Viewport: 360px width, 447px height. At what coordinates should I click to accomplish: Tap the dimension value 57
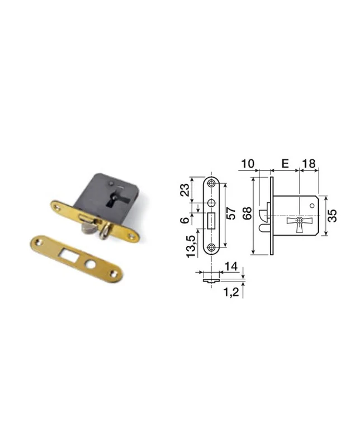(x=231, y=213)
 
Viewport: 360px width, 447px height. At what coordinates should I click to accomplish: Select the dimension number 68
(x=247, y=213)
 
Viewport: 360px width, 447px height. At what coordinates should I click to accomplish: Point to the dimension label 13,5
(x=191, y=246)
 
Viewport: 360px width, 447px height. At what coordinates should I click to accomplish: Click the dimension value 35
(x=333, y=216)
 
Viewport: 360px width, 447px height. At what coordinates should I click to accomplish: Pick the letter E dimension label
(x=285, y=164)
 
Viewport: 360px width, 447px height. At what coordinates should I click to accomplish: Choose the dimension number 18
(x=309, y=164)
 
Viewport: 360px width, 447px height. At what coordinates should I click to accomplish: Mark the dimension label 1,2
(x=231, y=292)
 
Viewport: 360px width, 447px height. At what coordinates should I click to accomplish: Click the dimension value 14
(x=231, y=267)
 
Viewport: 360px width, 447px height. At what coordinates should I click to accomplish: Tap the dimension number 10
(x=248, y=164)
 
